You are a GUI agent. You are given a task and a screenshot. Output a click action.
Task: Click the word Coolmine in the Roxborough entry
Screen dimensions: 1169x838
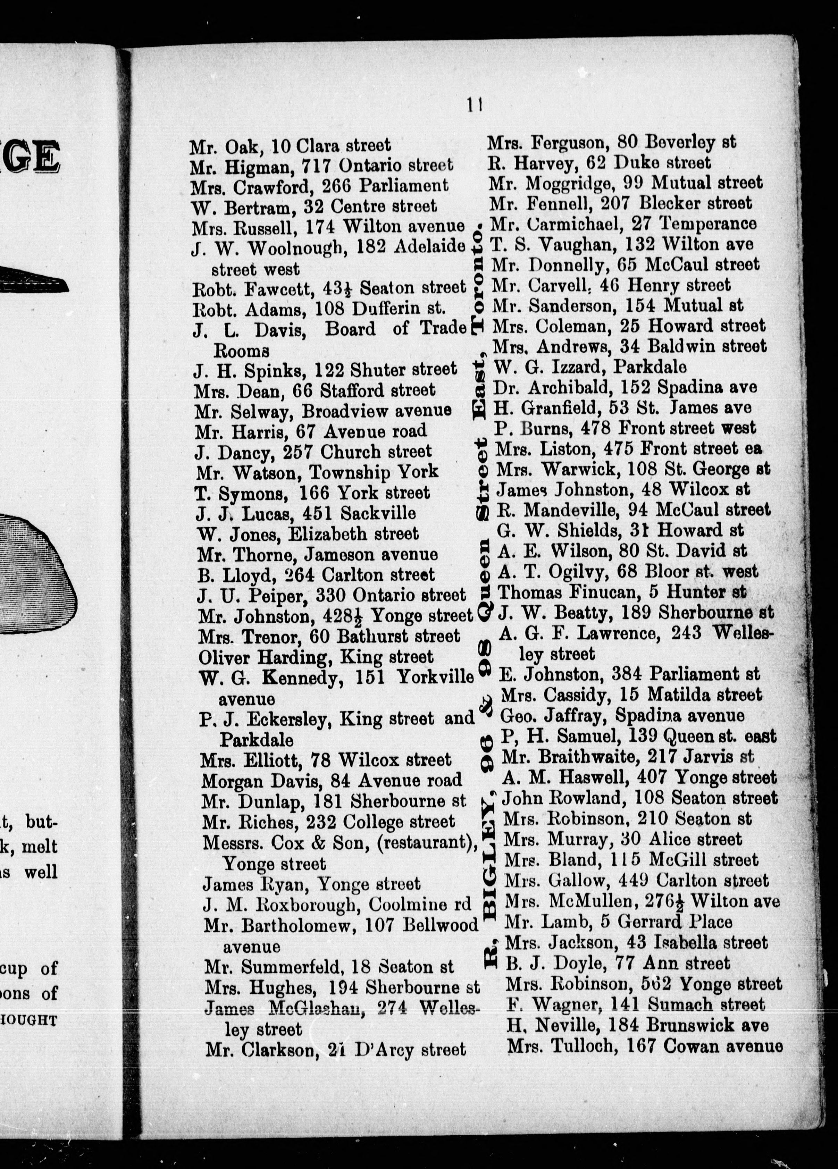point(405,905)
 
